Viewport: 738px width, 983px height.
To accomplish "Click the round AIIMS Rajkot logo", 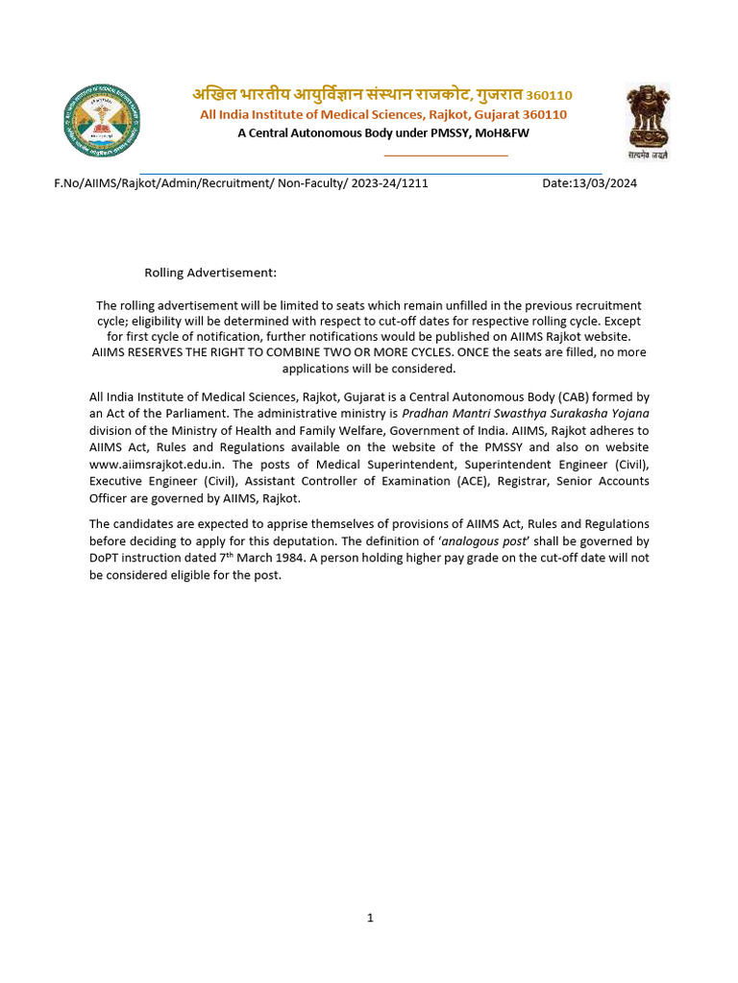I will [x=101, y=121].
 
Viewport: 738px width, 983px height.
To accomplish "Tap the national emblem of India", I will [x=648, y=120].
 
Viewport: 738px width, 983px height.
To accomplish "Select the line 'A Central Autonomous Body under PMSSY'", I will [x=383, y=132].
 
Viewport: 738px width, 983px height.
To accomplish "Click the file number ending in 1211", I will [x=241, y=183].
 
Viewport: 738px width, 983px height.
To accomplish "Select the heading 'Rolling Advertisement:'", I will [x=210, y=274].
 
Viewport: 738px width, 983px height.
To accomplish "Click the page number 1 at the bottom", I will [x=370, y=918].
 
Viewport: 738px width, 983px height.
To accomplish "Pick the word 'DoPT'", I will [x=107, y=558].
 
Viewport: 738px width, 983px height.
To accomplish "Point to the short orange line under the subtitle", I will [x=445, y=155].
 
